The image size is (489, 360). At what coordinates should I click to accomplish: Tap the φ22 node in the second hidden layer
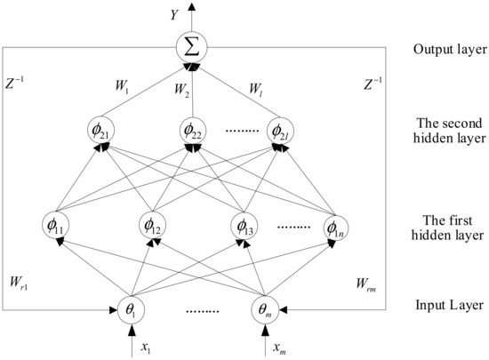tap(193, 131)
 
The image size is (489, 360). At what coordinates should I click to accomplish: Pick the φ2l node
tap(281, 131)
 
